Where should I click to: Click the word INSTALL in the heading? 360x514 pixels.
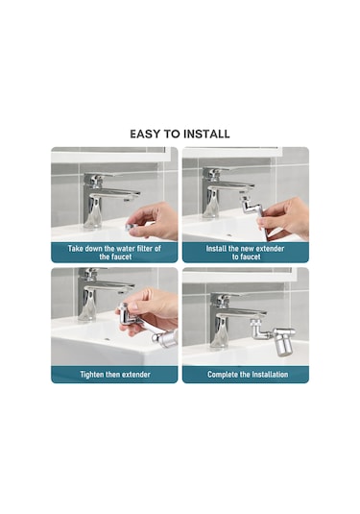[x=206, y=135]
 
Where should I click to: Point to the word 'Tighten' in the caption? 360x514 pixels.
[x=92, y=375]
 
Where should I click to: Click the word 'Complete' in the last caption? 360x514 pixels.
[x=221, y=375]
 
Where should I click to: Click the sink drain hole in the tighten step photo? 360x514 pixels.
[x=108, y=337]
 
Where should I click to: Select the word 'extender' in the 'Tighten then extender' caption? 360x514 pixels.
[x=136, y=375]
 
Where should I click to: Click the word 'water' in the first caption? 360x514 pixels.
[x=125, y=249]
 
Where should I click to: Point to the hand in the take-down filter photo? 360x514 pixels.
[x=153, y=220]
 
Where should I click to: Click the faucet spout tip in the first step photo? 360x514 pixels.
[x=129, y=199]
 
